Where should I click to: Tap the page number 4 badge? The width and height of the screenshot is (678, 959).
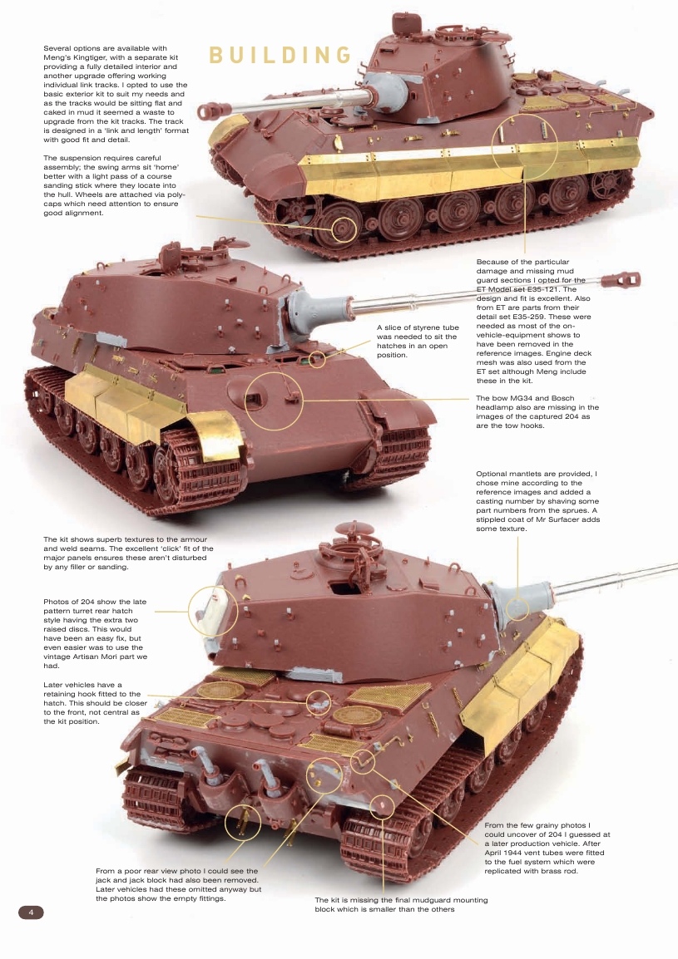pos(31,912)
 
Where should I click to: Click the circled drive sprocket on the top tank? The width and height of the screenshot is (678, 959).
pos(344,227)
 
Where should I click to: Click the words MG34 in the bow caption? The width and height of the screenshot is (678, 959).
pos(523,399)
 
